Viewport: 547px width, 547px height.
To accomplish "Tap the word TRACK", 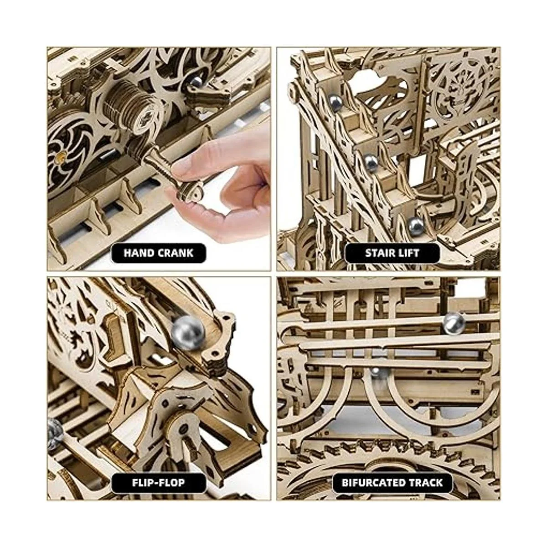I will pos(426,482).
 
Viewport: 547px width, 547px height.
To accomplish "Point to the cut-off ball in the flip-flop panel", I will pos(54,428).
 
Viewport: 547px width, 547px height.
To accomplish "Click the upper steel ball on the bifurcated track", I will pos(453,322).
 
